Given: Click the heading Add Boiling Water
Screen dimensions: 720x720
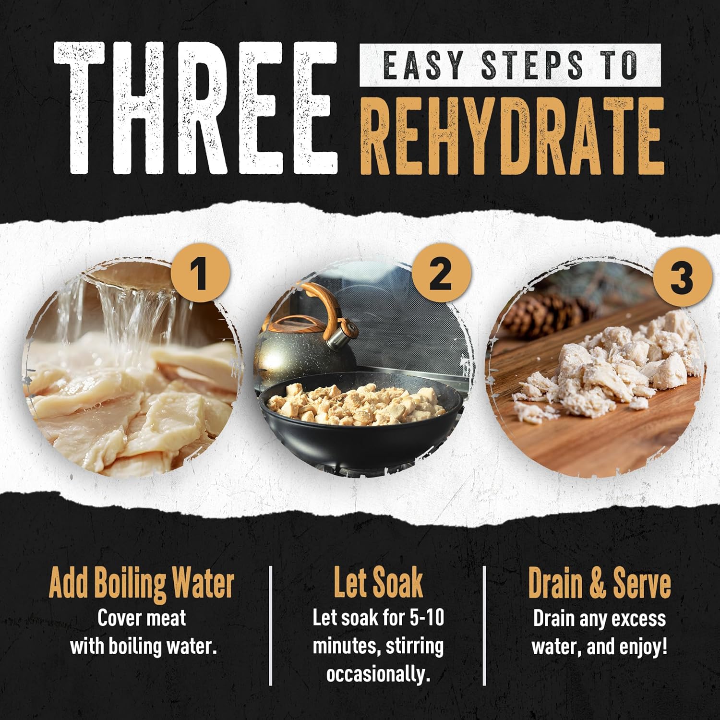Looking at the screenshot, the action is [x=142, y=584].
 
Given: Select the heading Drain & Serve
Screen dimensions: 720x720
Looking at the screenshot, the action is [x=600, y=583].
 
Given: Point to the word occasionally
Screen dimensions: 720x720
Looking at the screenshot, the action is [x=378, y=674].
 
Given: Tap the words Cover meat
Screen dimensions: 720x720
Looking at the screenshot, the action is [x=142, y=618].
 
